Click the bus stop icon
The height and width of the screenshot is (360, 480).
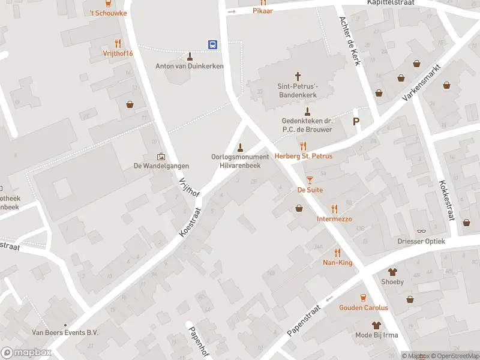tap(213, 44)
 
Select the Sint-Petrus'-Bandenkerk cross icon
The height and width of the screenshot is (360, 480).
tap(298, 76)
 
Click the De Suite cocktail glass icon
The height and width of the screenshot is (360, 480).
tap(310, 179)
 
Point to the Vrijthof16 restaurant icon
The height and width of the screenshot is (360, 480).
tap(118, 43)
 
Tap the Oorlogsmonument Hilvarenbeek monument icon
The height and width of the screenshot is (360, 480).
tap(241, 147)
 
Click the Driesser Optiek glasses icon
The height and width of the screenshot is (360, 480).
tap(421, 231)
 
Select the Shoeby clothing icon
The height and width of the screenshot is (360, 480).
tap(392, 272)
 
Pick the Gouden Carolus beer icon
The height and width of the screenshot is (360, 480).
tap(363, 298)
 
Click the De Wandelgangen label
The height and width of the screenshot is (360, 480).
tap(161, 166)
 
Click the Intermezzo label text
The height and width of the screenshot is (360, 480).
tap(334, 219)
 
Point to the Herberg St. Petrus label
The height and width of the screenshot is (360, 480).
tap(303, 156)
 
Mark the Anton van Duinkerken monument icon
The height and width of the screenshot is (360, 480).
tap(190, 56)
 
